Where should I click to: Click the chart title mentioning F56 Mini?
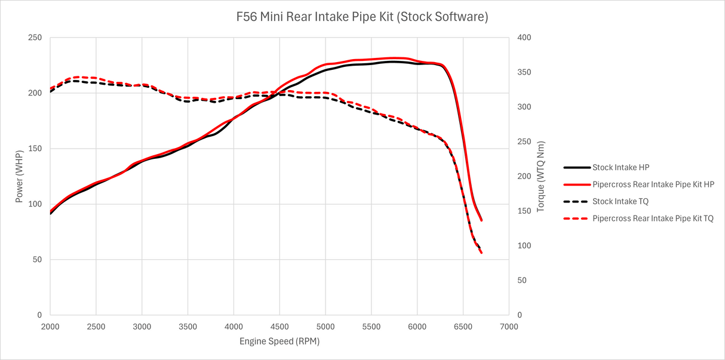(362, 17)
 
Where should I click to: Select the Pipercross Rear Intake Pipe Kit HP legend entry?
(653, 184)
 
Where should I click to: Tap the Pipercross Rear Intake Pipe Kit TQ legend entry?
(653, 219)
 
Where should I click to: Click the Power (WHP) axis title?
(19, 176)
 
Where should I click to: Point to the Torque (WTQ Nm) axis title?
(541, 176)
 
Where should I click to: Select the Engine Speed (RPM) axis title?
(279, 341)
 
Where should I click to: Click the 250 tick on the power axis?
(35, 38)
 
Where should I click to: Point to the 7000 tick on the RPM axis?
(509, 327)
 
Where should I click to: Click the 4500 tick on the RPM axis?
(279, 327)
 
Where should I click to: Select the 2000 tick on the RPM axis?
(50, 327)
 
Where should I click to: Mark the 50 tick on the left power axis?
(37, 260)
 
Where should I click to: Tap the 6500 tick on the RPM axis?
(463, 327)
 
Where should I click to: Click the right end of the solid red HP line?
(481, 220)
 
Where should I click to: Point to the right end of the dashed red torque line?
(481, 253)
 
